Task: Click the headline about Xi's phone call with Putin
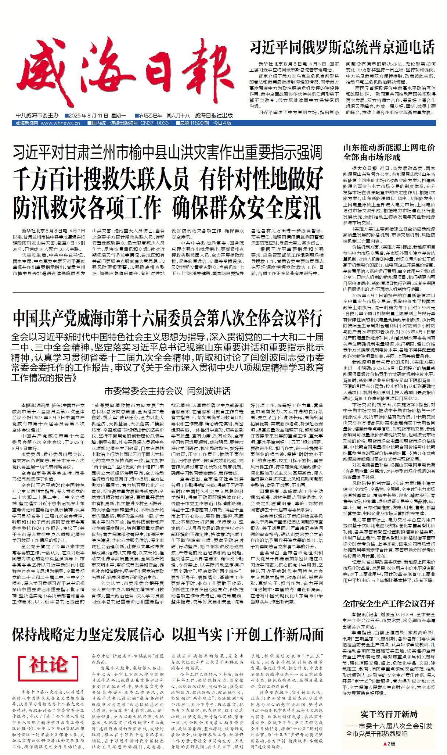coord(342,47)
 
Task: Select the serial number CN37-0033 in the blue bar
coord(154,123)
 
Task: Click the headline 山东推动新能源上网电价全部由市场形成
coord(389,152)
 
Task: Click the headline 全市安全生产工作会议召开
coord(389,604)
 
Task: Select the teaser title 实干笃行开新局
coord(389,714)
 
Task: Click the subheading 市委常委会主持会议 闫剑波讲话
coord(167,391)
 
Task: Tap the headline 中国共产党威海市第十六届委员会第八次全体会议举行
coord(168,318)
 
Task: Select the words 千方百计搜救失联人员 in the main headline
coord(101,179)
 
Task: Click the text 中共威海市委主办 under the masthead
coord(37,115)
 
